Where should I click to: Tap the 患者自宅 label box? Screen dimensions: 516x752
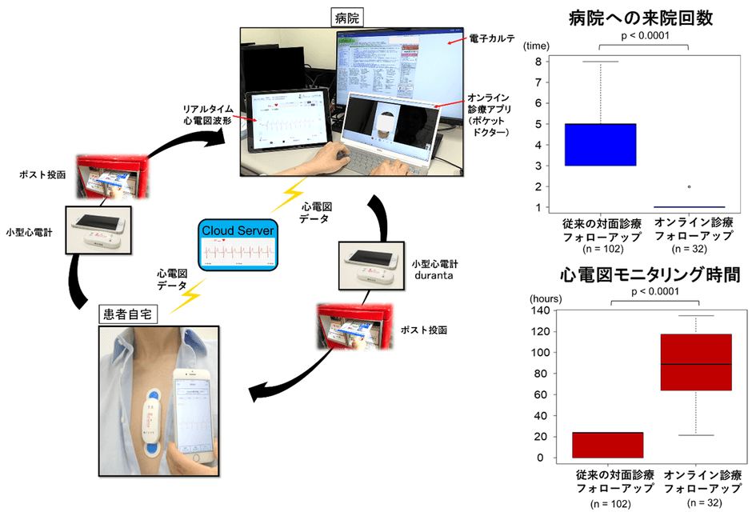click(x=130, y=314)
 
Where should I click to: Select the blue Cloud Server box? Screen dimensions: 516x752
click(x=238, y=243)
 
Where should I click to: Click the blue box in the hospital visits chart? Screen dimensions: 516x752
click(x=599, y=144)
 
